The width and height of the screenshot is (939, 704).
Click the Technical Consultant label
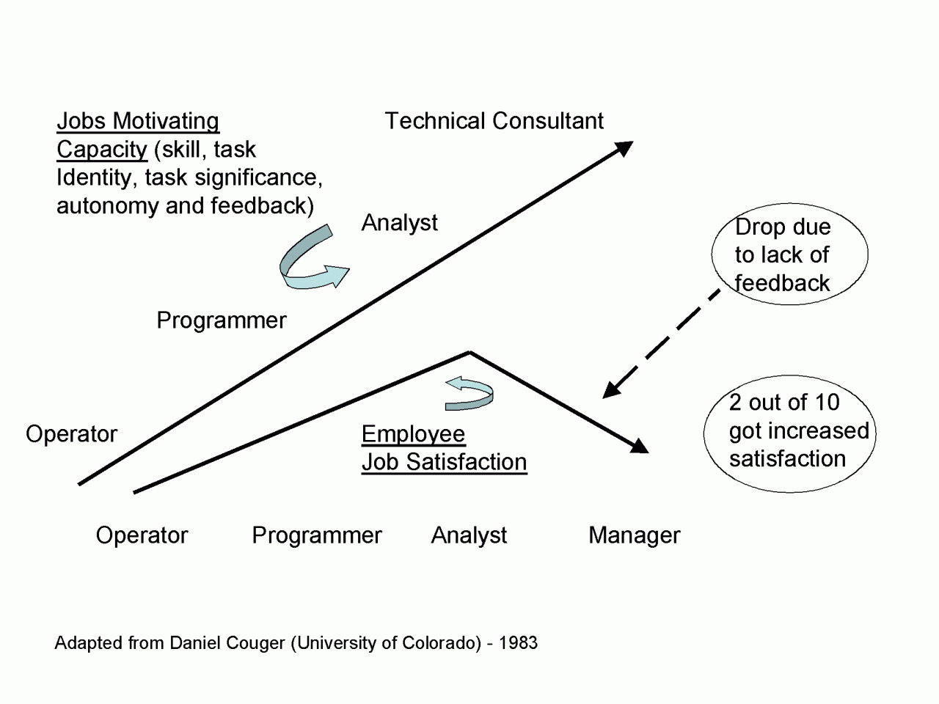point(494,120)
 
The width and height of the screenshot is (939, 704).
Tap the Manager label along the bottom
point(635,535)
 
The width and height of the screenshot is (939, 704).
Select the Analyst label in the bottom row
point(469,536)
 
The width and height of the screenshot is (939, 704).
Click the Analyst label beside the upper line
point(400,223)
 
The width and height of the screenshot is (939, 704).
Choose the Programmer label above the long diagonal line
point(221,321)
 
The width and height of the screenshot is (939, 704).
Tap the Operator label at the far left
point(71,435)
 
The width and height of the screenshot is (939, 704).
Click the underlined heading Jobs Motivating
point(138,122)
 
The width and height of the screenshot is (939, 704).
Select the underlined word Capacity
point(102,150)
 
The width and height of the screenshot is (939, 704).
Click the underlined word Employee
point(413,435)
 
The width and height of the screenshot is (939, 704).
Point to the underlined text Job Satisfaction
point(444,463)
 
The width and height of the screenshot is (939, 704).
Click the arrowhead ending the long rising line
point(624,148)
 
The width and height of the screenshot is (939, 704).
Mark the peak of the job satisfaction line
point(469,352)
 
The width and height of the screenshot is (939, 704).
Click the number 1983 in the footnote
point(518,643)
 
